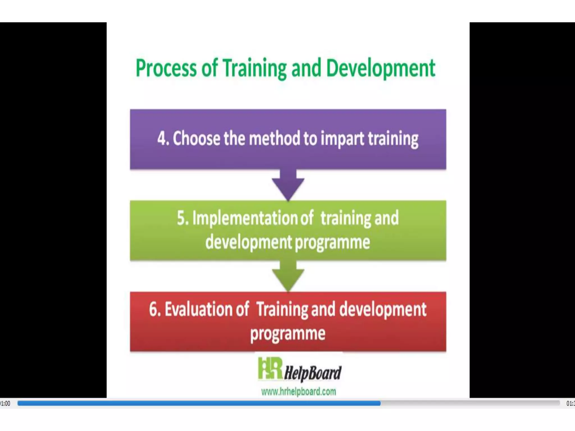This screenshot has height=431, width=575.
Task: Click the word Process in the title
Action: [x=166, y=68]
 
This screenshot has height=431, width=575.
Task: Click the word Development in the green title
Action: [x=380, y=68]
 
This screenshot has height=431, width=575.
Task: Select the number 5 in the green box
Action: [x=182, y=218]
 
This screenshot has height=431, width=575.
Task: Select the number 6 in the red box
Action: [x=154, y=310]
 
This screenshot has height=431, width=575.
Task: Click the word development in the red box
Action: [x=383, y=310]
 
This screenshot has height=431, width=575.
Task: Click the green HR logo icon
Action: [x=270, y=368]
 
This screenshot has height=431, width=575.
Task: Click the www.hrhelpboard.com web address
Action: [x=298, y=391]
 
